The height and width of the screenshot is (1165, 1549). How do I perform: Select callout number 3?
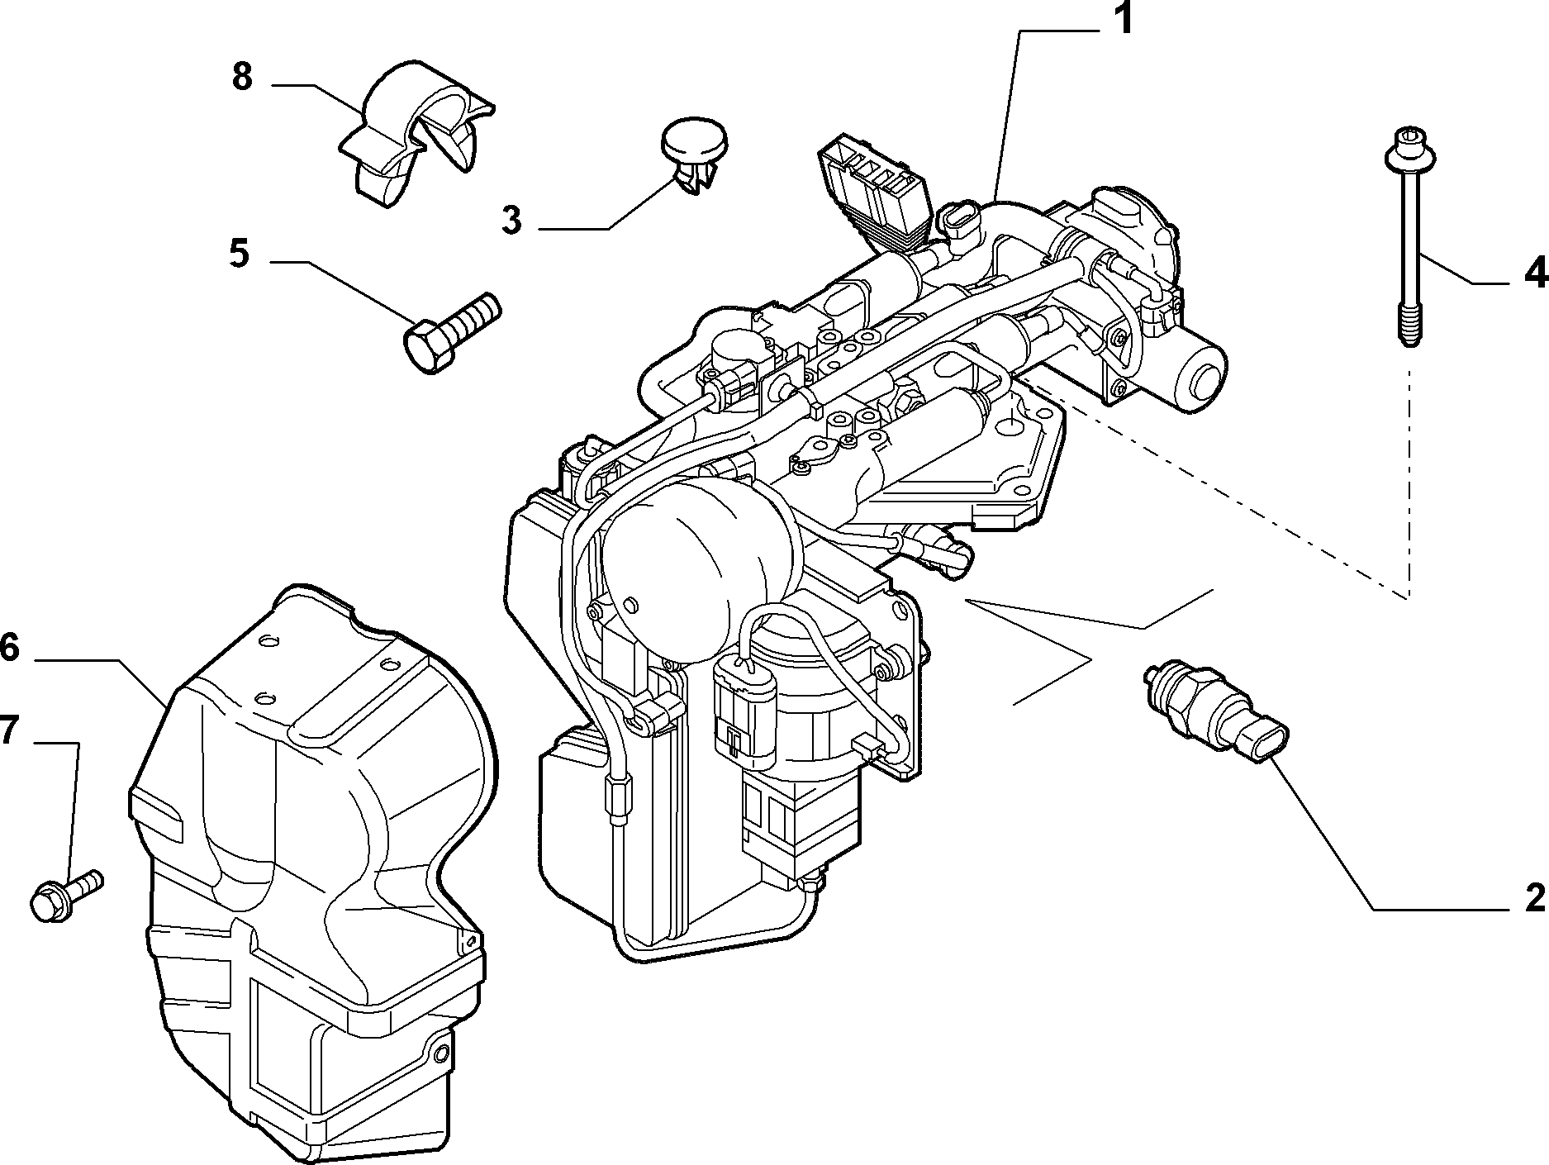click(511, 221)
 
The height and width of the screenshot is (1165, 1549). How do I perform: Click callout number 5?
click(238, 254)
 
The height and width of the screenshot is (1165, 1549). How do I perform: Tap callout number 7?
click(7, 730)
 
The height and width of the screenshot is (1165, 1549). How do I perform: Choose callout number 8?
click(241, 77)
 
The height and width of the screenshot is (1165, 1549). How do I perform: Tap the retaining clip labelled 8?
click(413, 132)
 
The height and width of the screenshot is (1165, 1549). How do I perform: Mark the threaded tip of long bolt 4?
click(1405, 330)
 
